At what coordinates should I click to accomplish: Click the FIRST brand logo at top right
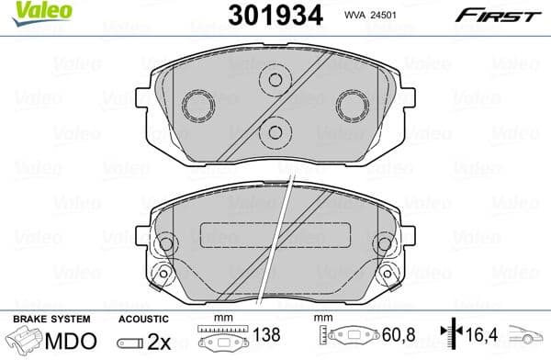(499, 15)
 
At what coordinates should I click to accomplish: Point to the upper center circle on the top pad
(273, 80)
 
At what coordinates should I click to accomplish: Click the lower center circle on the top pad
(273, 132)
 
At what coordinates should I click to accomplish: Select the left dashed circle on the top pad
(197, 107)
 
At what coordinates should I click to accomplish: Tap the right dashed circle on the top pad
(350, 107)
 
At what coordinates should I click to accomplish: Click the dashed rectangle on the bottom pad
(274, 234)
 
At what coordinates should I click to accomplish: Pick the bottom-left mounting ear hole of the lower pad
(163, 274)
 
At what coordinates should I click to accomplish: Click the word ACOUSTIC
(141, 318)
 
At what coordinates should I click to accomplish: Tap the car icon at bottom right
(530, 341)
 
